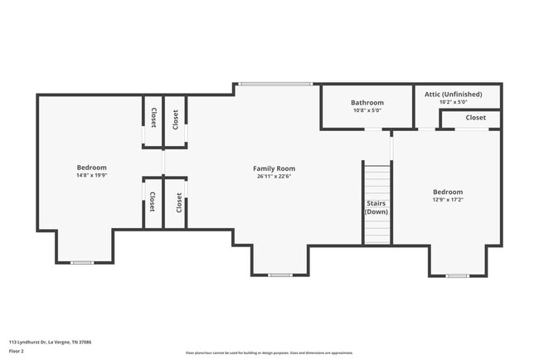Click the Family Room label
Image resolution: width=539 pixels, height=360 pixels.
(274, 168)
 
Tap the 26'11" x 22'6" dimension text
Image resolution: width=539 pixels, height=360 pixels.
(274, 176)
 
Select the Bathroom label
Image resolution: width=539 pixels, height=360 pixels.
(367, 103)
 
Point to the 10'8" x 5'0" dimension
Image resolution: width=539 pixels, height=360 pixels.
(367, 110)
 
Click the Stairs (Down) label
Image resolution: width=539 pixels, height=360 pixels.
(376, 207)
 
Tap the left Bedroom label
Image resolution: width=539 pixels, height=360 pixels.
(91, 168)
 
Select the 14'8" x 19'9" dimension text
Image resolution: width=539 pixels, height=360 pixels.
(91, 175)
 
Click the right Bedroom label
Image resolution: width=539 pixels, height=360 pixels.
(447, 192)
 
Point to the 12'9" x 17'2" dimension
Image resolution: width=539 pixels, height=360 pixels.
(447, 199)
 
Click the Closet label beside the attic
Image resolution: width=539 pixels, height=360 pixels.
(475, 118)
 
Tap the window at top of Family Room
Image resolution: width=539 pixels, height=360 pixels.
(276, 84)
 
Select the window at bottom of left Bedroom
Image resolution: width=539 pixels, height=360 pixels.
(81, 263)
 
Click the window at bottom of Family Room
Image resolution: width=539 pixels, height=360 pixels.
(280, 275)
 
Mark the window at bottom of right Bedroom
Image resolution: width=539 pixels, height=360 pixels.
(457, 275)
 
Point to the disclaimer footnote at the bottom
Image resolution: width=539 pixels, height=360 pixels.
(269, 353)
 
